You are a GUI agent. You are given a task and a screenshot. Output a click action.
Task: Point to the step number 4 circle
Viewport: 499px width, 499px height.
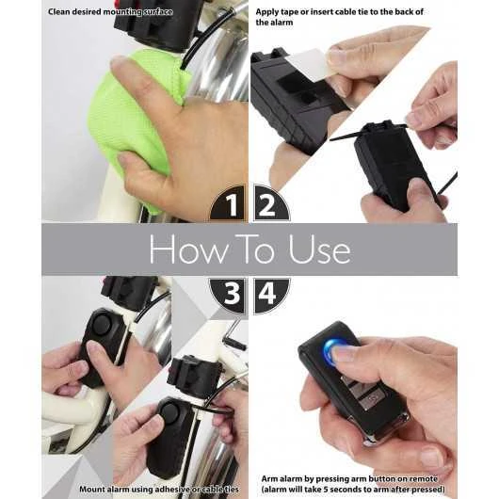269,294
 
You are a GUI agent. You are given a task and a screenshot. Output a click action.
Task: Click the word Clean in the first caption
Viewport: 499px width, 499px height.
62,11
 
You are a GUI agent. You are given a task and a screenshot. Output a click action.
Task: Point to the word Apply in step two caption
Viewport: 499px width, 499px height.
268,11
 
